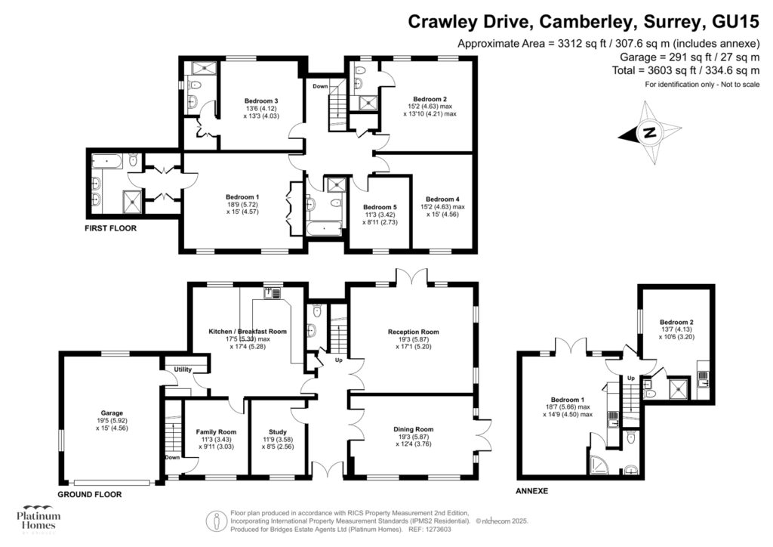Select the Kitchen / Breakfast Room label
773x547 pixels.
point(248,331)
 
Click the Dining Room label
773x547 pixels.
point(413,429)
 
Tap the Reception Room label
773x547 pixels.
point(413,332)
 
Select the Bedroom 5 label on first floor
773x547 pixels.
point(379,207)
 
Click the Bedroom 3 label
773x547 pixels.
point(261,101)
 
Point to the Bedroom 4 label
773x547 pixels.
point(442,199)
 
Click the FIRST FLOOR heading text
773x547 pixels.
point(111,227)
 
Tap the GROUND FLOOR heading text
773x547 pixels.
point(89,495)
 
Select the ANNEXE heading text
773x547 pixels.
point(532,491)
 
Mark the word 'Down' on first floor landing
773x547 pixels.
point(321,86)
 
